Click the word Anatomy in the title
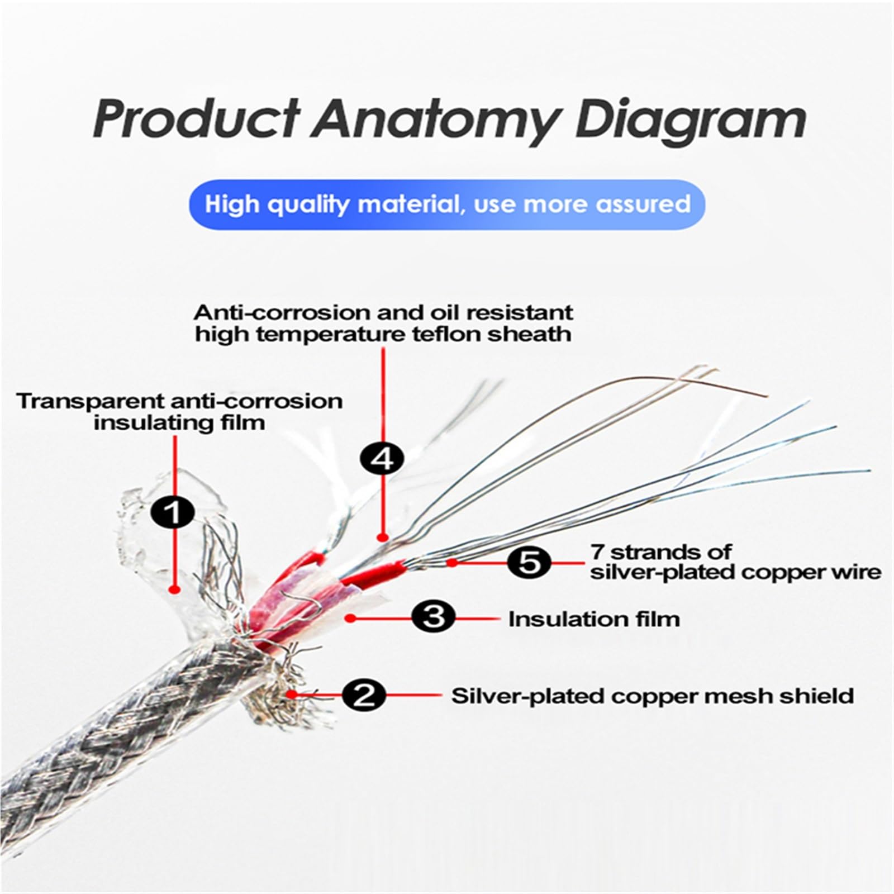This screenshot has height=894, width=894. [435, 120]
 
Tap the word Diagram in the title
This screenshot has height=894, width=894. [691, 120]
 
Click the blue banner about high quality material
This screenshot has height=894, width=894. [447, 205]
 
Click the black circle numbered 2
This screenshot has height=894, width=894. [364, 696]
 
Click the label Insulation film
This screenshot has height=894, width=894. [594, 619]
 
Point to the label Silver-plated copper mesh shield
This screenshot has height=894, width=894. [653, 696]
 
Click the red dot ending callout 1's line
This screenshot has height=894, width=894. [174, 589]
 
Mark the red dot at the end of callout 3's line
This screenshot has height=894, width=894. [350, 617]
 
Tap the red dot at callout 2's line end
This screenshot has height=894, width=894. [292, 695]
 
